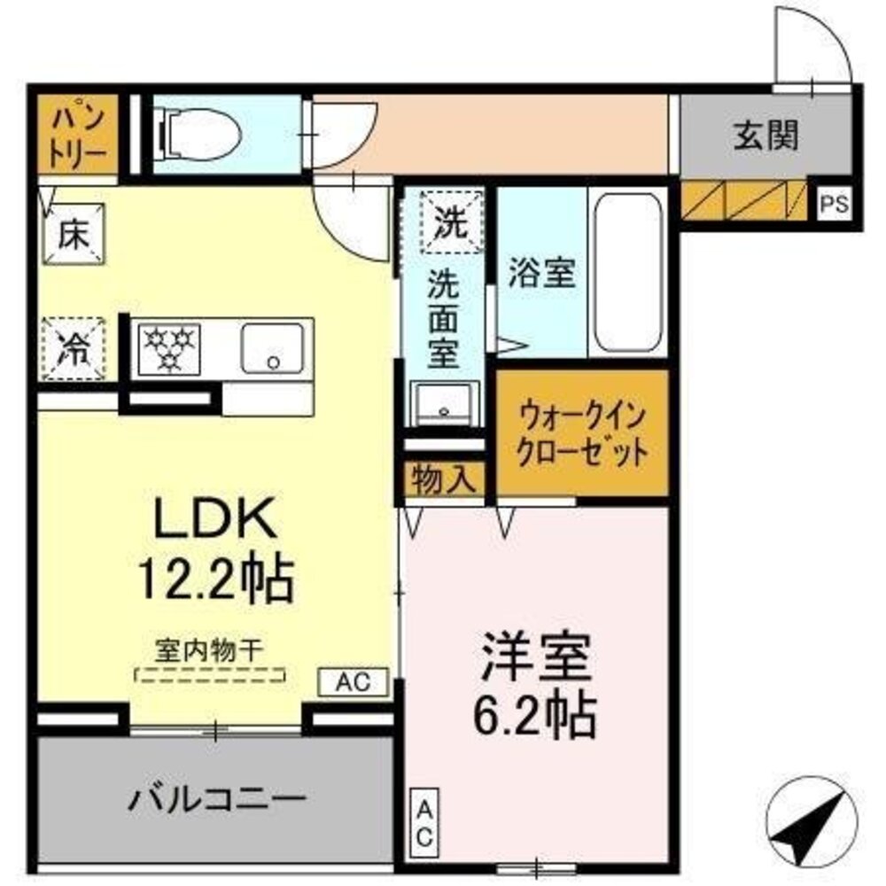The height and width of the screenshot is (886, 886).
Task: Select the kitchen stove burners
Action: tap(168, 347)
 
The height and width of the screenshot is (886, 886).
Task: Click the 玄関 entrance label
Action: tap(766, 136)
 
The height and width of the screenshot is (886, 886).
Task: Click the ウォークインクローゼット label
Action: tap(582, 431)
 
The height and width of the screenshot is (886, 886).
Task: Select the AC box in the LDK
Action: tap(353, 681)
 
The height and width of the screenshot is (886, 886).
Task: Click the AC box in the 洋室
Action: tap(424, 822)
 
